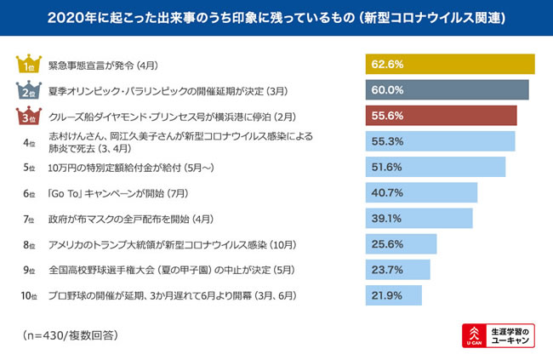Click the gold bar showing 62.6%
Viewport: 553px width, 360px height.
450,65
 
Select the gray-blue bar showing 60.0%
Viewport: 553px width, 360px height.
447,90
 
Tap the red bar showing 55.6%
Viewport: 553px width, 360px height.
441,116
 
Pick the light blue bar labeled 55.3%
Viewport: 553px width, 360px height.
440,141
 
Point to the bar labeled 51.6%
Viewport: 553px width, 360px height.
435,167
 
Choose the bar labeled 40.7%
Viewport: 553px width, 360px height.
420,192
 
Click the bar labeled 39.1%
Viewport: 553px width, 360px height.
419,218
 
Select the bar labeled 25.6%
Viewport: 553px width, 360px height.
401,244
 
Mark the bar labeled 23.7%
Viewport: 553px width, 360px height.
398,270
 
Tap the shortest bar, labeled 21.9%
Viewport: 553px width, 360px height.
394,295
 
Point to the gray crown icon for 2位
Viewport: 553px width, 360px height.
28,90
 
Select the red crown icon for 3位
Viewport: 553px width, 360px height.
28,116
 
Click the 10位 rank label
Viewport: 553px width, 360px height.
29,295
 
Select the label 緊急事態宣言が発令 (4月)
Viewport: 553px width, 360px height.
111,65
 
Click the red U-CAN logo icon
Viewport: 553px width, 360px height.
474,334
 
